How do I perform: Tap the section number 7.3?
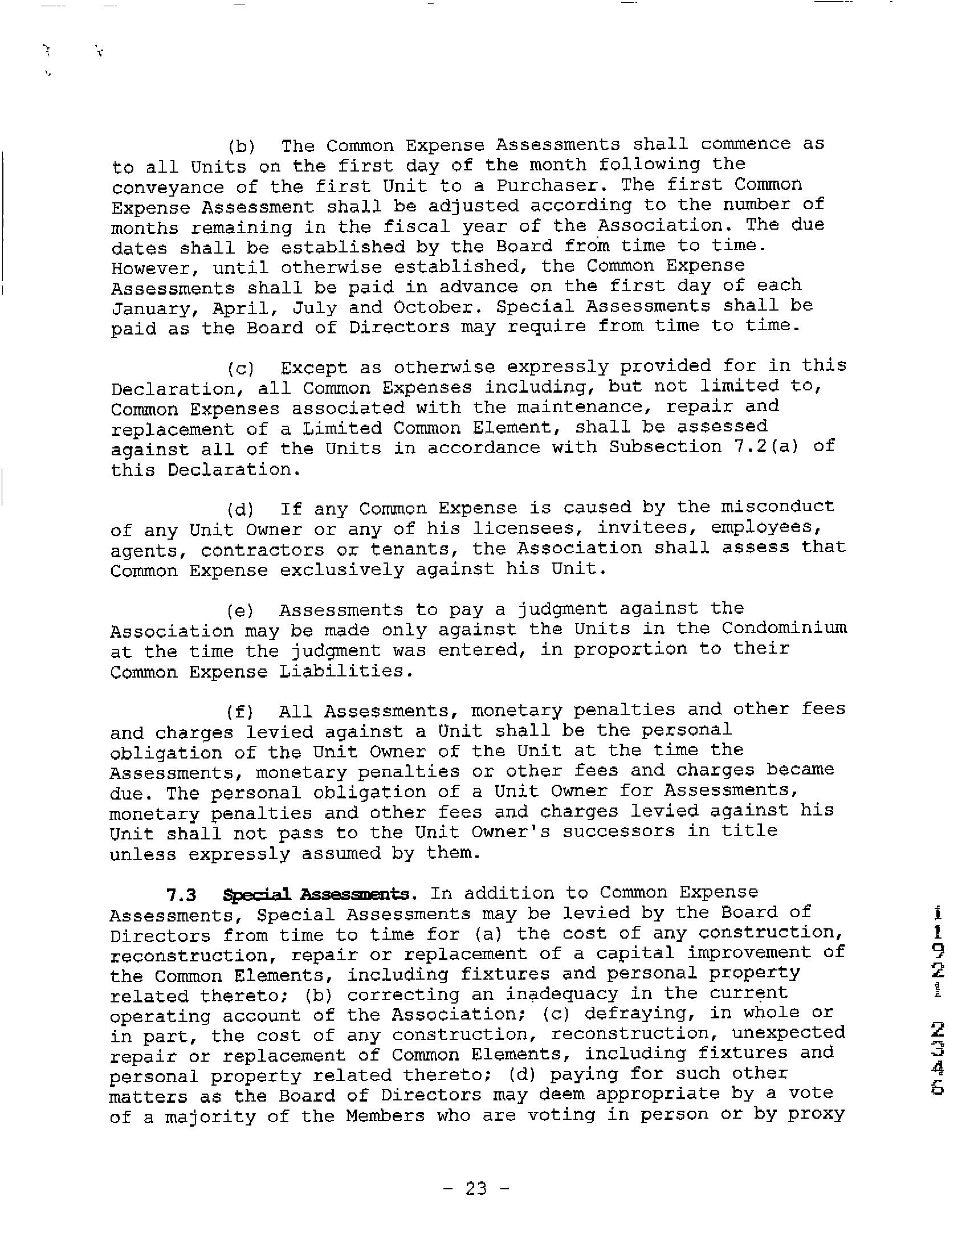[x=181, y=894]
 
